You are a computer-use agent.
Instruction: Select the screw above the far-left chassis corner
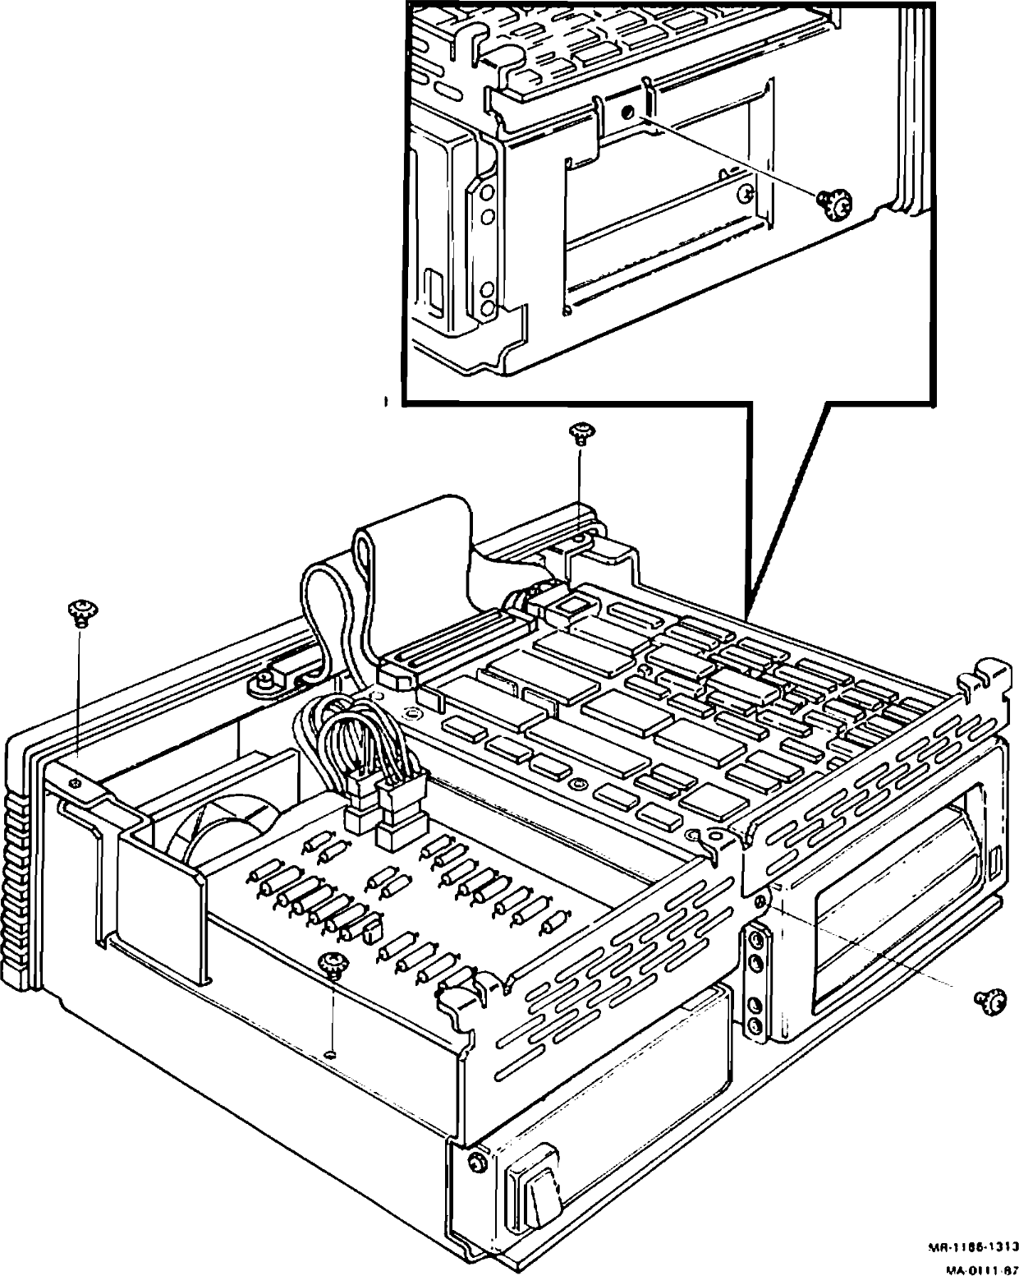[x=80, y=612]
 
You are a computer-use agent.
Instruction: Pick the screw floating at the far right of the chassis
[x=989, y=1000]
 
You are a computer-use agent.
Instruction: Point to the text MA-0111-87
[x=981, y=1269]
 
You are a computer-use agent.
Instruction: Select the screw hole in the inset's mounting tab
[x=627, y=114]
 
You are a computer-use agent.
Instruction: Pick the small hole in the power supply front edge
[x=330, y=1054]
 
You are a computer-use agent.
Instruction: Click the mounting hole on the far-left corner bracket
[x=76, y=783]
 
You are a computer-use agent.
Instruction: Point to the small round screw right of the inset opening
[x=746, y=195]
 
